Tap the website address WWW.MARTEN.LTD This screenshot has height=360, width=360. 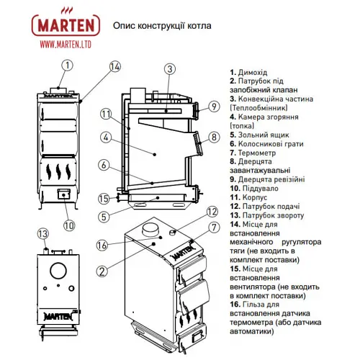coord(66,45)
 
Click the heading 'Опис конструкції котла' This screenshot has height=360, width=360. coord(162,26)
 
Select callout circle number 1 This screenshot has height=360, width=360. coord(67,66)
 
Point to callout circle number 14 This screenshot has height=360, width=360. coord(114,67)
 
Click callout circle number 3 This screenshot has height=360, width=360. coord(170,69)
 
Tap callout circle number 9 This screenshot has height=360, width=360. coord(214,107)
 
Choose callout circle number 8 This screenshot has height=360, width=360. coord(214,138)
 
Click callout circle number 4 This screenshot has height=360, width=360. coord(106,138)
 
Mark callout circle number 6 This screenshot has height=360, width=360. coord(104,165)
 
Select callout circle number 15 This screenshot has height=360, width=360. coord(104,199)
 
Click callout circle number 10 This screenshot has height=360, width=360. coord(69,225)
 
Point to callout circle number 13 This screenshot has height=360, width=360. coord(43,234)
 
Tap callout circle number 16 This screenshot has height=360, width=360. coord(102,246)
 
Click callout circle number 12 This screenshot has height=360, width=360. coord(212,212)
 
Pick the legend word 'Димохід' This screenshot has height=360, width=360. coord(253,72)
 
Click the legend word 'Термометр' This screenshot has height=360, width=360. coord(257,153)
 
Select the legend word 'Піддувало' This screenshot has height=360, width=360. coord(261,189)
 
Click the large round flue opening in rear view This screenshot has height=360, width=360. coord(58,271)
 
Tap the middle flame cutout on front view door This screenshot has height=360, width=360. coord(58,171)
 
